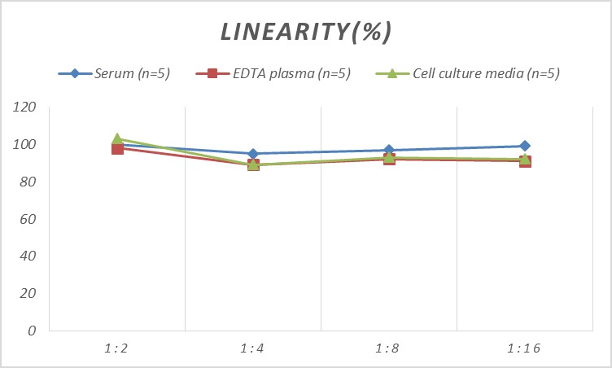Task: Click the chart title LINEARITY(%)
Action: pyautogui.click(x=307, y=32)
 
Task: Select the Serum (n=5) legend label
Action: pyautogui.click(x=133, y=74)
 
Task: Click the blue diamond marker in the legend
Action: pyautogui.click(x=75, y=74)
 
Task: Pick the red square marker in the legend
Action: pyautogui.click(x=212, y=74)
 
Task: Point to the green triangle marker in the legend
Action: pyautogui.click(x=391, y=74)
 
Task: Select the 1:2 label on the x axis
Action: pyautogui.click(x=117, y=348)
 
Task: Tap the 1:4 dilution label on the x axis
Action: pyautogui.click(x=253, y=348)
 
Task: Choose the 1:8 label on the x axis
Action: pyautogui.click(x=389, y=348)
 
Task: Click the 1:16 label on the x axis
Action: pyautogui.click(x=525, y=348)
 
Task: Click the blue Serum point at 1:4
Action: pyautogui.click(x=253, y=154)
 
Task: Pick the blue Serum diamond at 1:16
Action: pyautogui.click(x=525, y=147)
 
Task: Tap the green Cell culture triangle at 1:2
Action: pyautogui.click(x=117, y=139)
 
